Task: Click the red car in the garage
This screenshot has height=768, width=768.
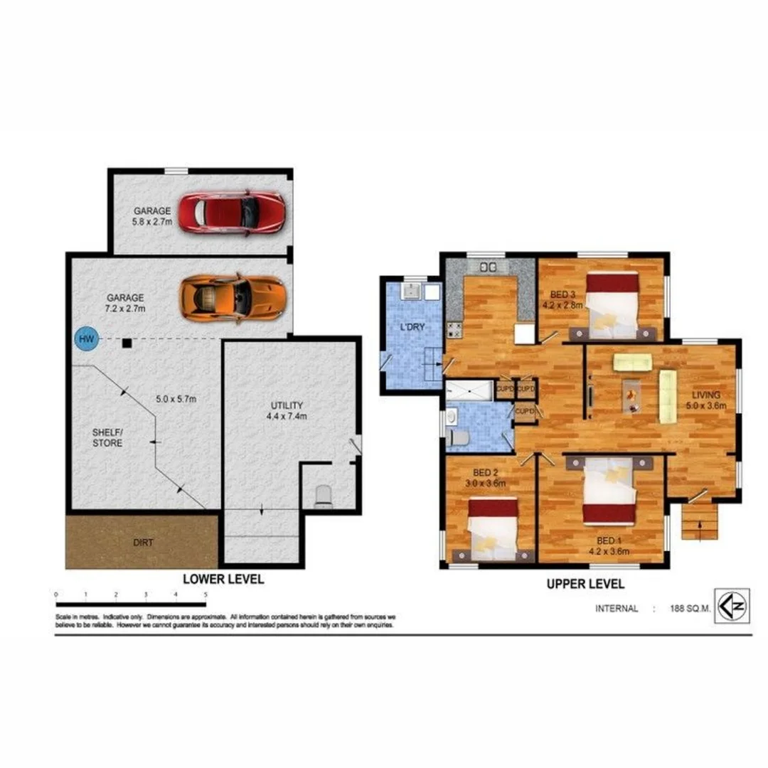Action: (231, 213)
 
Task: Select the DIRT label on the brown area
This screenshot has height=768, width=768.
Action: (142, 542)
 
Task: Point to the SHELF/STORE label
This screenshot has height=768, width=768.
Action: (107, 437)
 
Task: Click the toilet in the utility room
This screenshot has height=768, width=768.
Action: (323, 496)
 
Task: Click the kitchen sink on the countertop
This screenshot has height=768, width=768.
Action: (489, 267)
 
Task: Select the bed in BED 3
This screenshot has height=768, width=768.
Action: (612, 306)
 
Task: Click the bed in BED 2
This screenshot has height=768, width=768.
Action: (492, 530)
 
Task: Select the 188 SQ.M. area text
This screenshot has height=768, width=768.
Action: (690, 609)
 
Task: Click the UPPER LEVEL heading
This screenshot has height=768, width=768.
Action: (585, 584)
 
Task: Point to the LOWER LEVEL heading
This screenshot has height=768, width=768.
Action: (223, 579)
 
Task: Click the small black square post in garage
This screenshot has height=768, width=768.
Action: (126, 344)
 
